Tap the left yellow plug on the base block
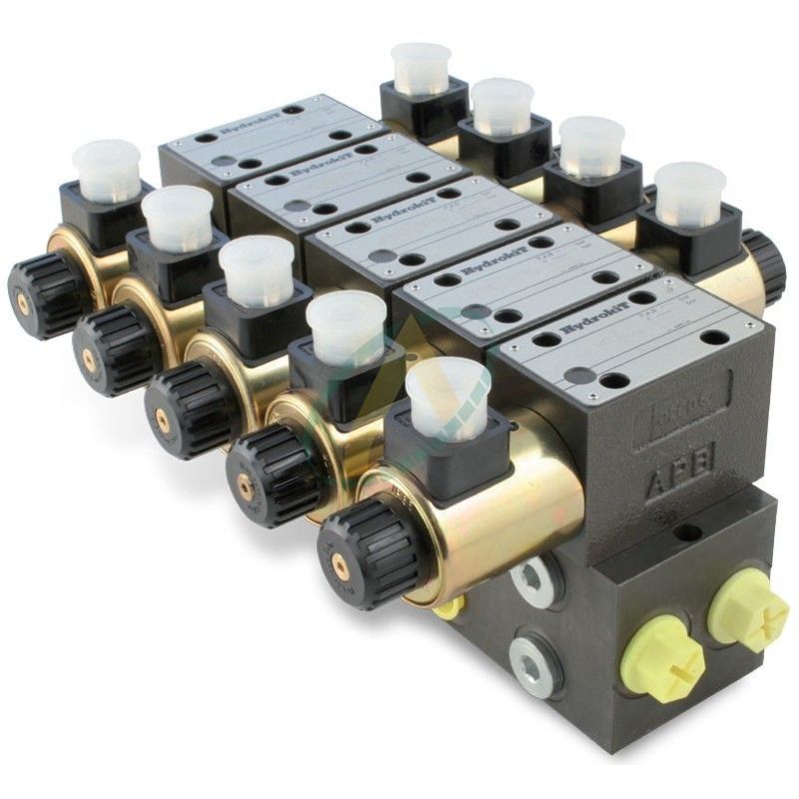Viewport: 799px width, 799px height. (x=662, y=660)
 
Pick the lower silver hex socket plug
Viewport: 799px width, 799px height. (x=535, y=660)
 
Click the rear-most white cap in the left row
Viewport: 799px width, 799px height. (x=107, y=170)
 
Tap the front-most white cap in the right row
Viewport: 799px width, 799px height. (x=689, y=194)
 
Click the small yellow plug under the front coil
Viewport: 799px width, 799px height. (x=449, y=606)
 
